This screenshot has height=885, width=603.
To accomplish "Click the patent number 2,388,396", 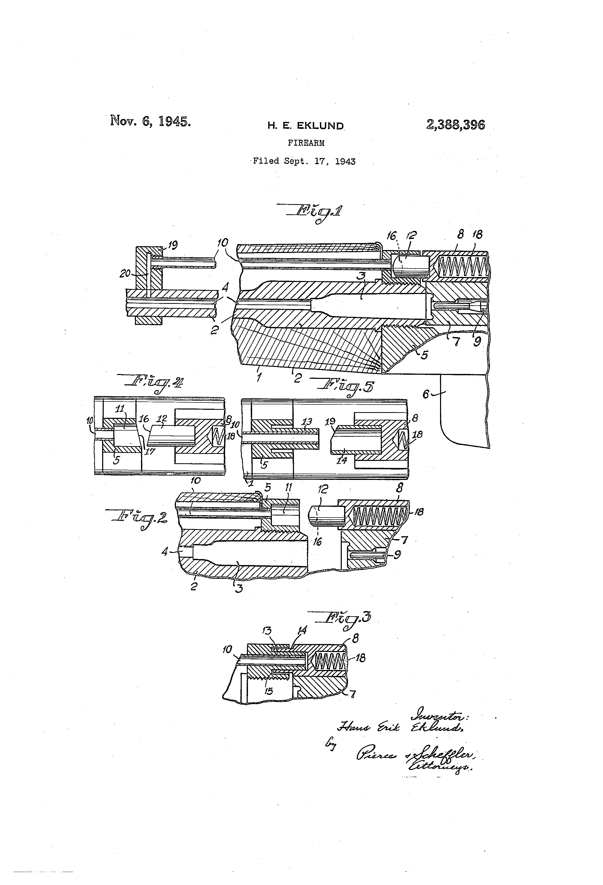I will click(455, 125).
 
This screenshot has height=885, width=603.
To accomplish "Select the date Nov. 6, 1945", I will click(150, 121).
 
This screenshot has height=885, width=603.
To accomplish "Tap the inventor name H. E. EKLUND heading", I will click(305, 126).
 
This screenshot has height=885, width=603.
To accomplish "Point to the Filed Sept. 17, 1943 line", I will click(304, 161).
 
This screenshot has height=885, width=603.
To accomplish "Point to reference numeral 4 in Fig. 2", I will click(165, 551).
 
